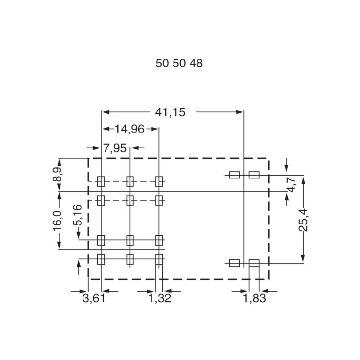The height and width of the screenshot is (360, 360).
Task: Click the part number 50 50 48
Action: pos(179,63)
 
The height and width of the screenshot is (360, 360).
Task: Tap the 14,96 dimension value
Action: pos(130,129)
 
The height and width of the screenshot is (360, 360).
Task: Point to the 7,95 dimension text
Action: pos(115,148)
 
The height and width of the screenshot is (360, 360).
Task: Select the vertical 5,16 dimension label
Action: pos(78,215)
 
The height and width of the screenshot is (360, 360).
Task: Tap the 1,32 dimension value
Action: pos(160,298)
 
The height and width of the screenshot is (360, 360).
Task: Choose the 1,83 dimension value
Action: pos(254,298)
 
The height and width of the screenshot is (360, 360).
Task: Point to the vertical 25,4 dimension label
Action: pos(303,220)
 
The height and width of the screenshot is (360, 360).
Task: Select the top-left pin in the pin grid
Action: pos(101,181)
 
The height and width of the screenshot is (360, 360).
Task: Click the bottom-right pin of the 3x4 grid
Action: pos(159,258)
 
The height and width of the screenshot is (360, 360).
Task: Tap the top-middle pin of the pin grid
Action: pos(130,181)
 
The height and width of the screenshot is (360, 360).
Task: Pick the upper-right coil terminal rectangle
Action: pos(254,175)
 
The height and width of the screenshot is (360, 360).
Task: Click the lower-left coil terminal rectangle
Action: pos(234,263)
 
